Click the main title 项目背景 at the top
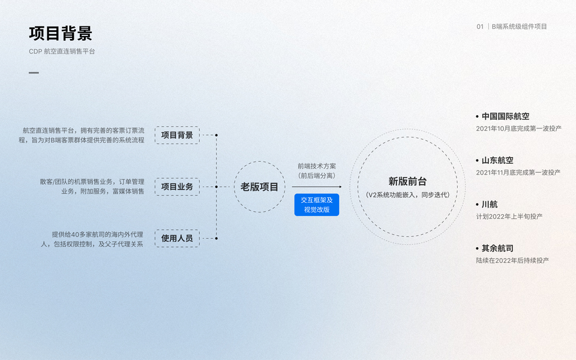(x=61, y=33)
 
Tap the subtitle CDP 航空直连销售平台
(x=62, y=52)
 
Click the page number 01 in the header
(x=480, y=26)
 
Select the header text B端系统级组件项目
(x=519, y=26)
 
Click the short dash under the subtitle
(x=34, y=73)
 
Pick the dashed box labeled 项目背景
(x=177, y=135)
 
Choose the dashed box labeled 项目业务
(x=177, y=187)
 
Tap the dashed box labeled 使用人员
(x=177, y=238)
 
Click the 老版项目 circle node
(x=260, y=187)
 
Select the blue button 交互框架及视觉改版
(x=317, y=205)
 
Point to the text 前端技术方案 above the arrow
(x=317, y=166)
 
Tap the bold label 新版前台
(x=407, y=181)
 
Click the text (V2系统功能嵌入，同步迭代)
(x=407, y=195)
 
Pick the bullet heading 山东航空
(x=497, y=160)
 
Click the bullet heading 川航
(x=489, y=204)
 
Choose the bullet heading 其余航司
(x=497, y=248)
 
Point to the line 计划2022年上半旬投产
(x=509, y=217)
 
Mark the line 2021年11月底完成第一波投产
(x=518, y=173)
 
